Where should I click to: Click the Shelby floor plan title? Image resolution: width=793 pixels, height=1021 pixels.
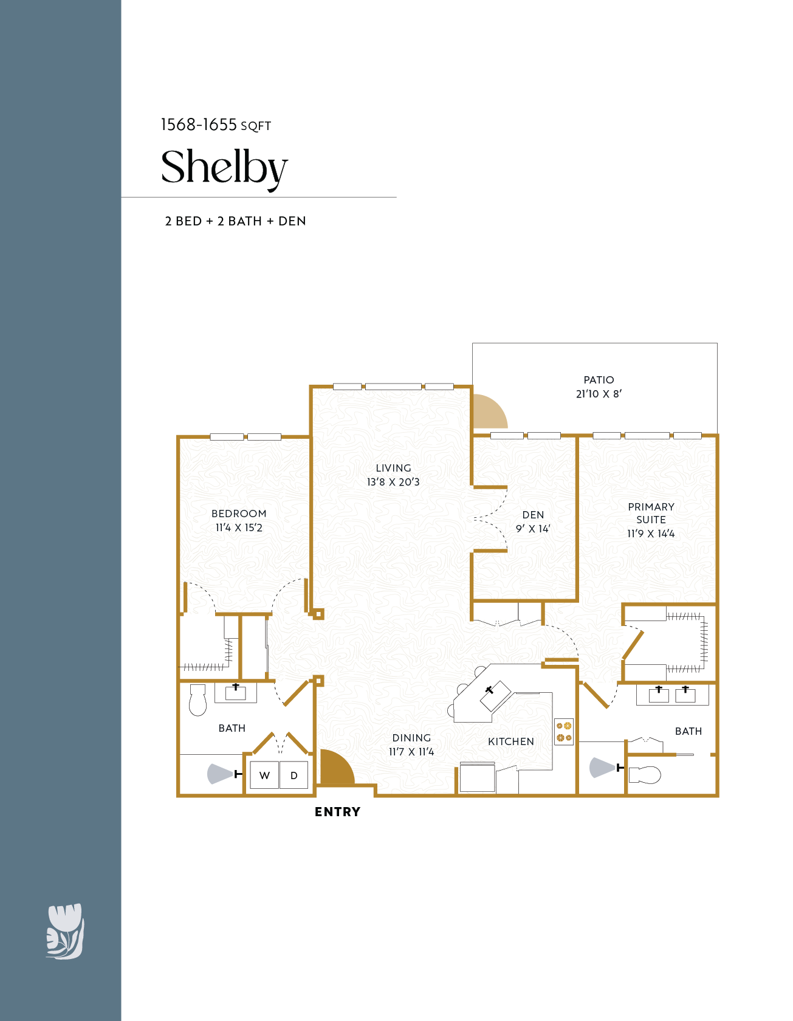(224, 167)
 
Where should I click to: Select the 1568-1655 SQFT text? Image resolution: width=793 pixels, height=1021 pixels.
(215, 125)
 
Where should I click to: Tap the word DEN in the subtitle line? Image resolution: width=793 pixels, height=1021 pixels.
(292, 221)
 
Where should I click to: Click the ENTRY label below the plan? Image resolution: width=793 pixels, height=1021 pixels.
(337, 812)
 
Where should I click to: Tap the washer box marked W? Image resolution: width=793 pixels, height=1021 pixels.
(264, 775)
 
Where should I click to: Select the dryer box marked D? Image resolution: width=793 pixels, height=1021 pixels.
(294, 775)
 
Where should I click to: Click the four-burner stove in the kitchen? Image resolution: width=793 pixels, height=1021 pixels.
(564, 732)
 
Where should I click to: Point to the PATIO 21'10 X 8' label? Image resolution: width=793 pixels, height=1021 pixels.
(599, 387)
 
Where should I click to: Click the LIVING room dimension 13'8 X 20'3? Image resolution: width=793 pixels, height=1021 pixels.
(393, 482)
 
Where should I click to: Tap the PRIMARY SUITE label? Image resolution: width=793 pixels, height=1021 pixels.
(651, 514)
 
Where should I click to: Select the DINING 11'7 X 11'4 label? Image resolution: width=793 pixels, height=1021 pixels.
(411, 744)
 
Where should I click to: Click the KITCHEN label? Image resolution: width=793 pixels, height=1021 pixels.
(511, 741)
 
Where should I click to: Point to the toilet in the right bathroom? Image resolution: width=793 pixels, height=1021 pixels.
(645, 775)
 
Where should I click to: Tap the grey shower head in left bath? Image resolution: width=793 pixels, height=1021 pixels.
(219, 774)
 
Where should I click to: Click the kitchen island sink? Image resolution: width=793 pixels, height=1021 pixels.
(495, 695)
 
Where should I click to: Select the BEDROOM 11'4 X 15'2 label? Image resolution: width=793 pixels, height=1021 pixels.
(239, 521)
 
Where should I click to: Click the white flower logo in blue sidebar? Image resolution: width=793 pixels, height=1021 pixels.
(65, 931)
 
